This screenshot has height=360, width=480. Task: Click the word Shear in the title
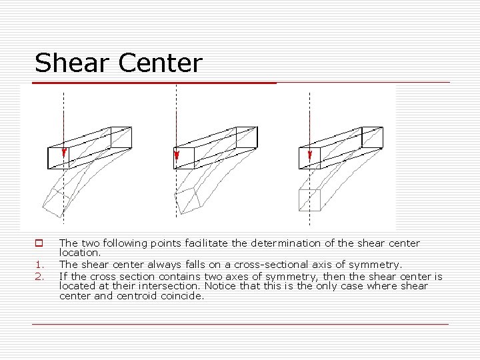73,63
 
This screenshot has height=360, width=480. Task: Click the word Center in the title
160,63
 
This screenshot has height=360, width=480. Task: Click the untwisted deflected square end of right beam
310,199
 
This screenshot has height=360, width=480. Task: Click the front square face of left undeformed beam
59,157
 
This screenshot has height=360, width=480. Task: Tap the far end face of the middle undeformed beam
247,137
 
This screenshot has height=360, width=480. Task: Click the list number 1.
39,265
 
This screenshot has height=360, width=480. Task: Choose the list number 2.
39,275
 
